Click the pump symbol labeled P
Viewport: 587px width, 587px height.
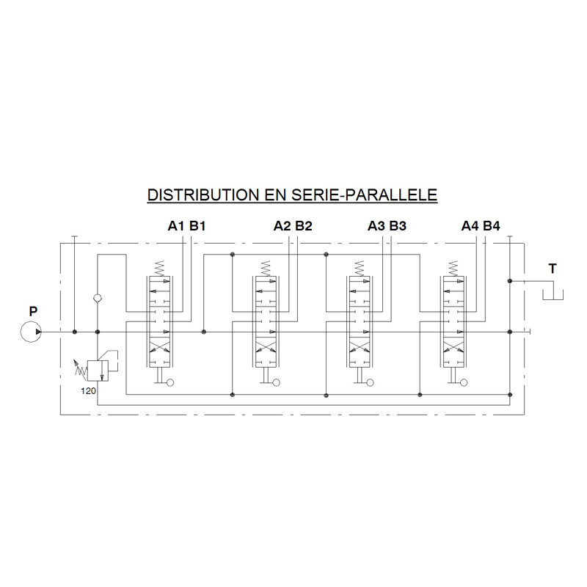(x=31, y=332)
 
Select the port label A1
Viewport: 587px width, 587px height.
(x=176, y=226)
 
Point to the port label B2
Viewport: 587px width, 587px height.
(x=304, y=226)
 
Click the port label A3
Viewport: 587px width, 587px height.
(x=376, y=226)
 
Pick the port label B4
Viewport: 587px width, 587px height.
(x=491, y=226)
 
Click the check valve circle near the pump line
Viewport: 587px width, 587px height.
(x=98, y=299)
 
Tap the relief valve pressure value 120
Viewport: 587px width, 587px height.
(x=88, y=391)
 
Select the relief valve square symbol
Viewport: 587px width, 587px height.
(x=98, y=371)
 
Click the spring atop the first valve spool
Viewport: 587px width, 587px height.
(x=159, y=268)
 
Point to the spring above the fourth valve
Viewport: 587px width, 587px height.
(x=453, y=268)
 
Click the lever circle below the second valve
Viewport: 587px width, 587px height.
(x=277, y=382)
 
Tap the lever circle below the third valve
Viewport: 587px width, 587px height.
(x=371, y=382)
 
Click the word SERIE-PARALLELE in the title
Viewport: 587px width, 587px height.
(x=364, y=195)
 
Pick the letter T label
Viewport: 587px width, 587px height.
(x=553, y=269)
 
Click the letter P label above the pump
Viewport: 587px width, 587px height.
(x=33, y=311)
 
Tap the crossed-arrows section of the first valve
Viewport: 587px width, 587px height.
(x=159, y=345)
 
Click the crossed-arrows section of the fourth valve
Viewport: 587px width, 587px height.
(x=453, y=345)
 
